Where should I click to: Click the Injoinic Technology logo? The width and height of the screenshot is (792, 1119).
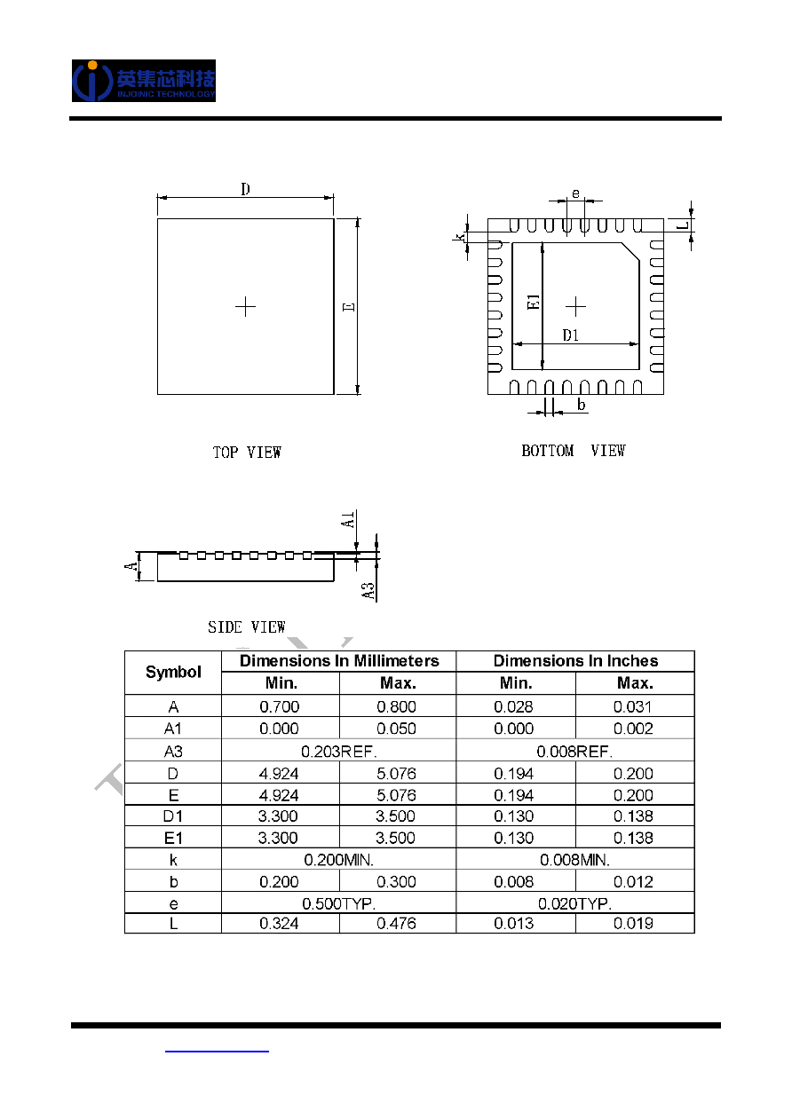pos(144,81)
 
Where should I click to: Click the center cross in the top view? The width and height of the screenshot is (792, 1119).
pos(245,306)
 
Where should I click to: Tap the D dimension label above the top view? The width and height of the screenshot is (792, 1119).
pos(245,189)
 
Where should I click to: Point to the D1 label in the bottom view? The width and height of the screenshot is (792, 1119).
pos(571,335)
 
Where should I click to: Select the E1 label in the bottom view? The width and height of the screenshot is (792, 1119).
pos(534,302)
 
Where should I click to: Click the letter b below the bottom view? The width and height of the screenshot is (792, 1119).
pos(581,404)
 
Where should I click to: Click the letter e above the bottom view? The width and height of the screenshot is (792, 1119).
pos(575,193)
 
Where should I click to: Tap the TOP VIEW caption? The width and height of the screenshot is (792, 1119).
pos(247,452)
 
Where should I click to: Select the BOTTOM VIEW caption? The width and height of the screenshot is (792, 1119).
pos(574,451)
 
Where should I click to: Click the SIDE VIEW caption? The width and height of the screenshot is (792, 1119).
pos(246,626)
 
